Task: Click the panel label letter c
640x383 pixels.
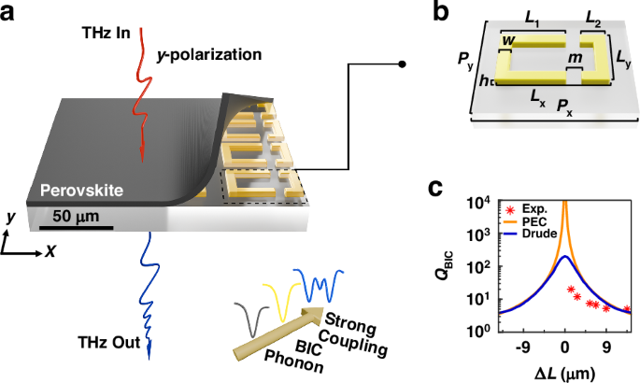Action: tap(435, 188)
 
